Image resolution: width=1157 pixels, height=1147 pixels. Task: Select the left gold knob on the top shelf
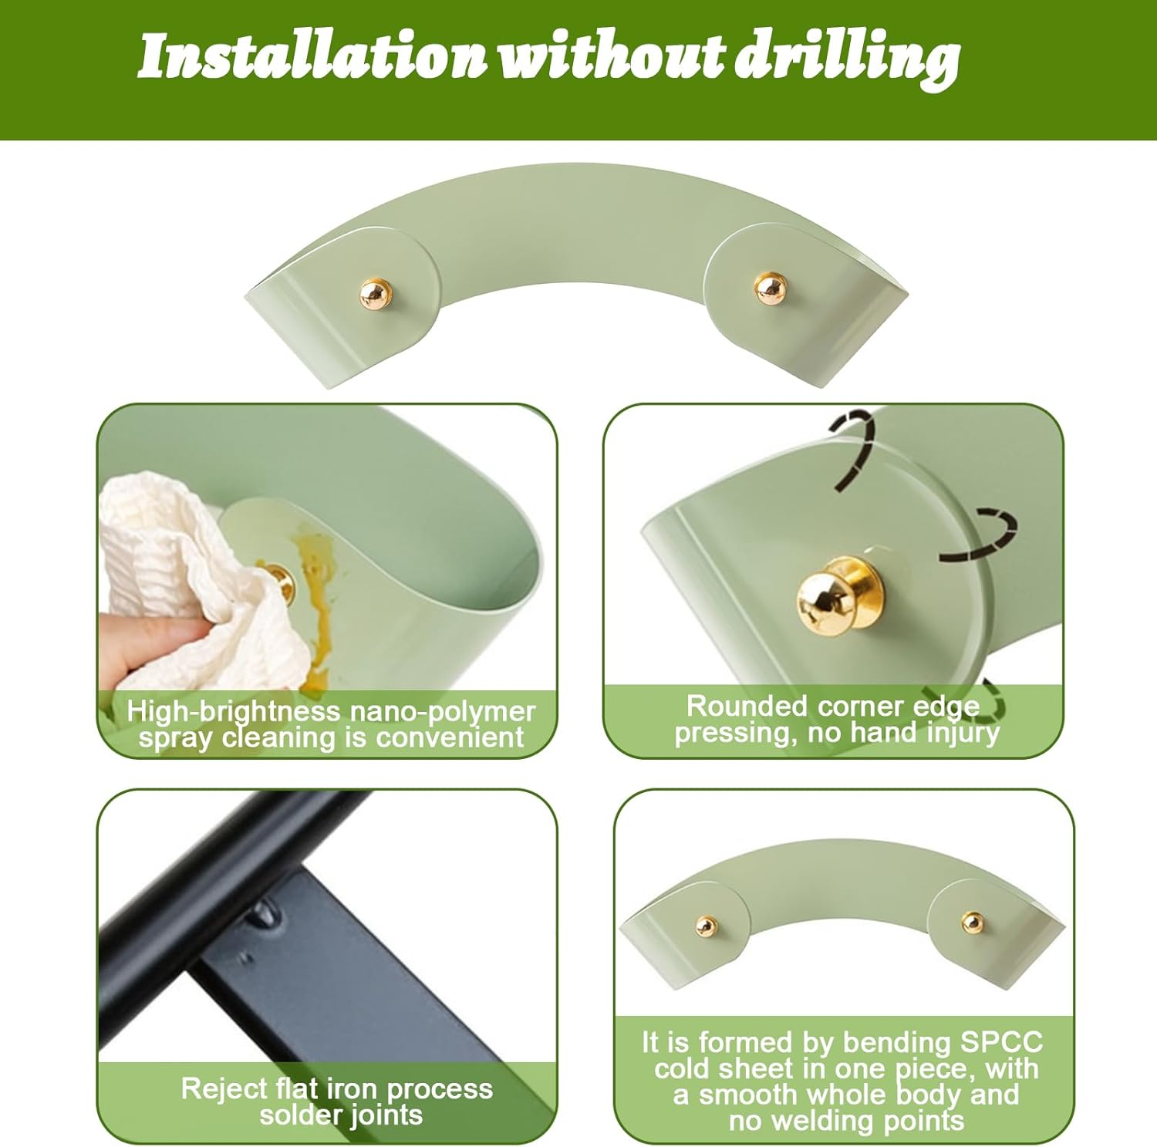coord(376,293)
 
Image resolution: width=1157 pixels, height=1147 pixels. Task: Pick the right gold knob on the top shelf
coord(770,288)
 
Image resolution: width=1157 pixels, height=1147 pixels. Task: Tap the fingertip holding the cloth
coord(143,648)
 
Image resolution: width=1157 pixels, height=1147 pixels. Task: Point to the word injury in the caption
coord(963,732)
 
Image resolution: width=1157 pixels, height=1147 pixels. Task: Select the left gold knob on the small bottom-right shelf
coord(705,926)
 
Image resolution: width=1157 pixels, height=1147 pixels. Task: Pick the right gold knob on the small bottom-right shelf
coord(973,922)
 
